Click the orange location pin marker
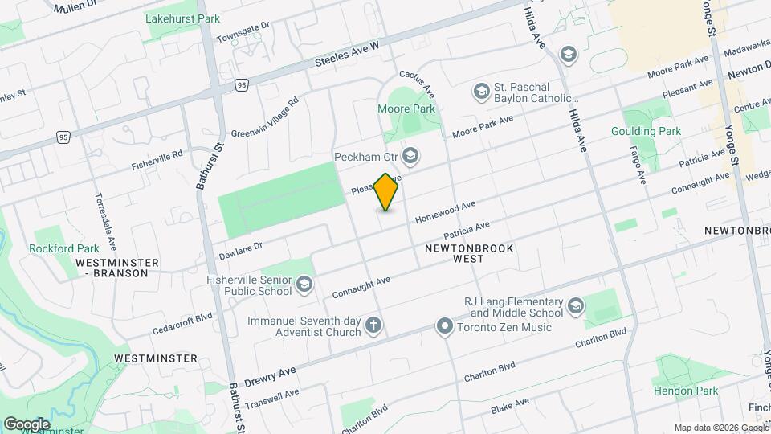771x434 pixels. tap(386, 192)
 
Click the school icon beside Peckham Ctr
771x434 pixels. tap(410, 155)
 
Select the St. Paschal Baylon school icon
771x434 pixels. tap(482, 89)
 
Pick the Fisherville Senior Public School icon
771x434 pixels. tap(304, 284)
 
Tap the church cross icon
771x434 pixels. tap(372, 325)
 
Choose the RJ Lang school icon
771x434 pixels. tap(575, 306)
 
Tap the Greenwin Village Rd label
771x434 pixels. tap(265, 117)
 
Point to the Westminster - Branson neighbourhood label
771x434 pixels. tap(112, 268)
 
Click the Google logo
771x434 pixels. tap(27, 424)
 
